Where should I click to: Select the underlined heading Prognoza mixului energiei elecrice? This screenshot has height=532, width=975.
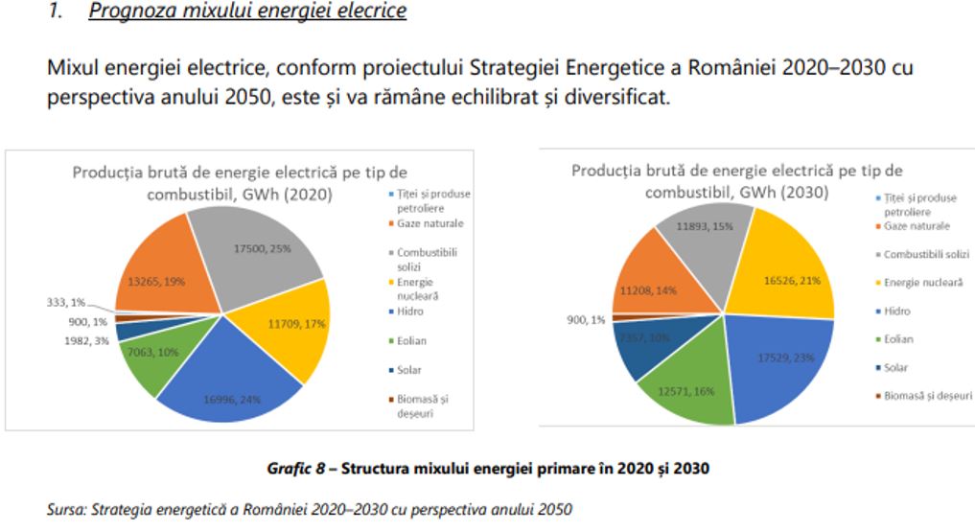(247, 12)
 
